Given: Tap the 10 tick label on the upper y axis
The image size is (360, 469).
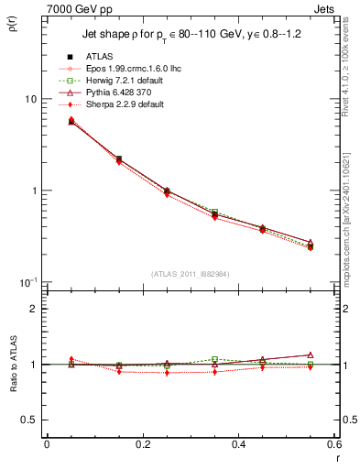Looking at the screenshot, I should pyautogui.click(x=29, y=99).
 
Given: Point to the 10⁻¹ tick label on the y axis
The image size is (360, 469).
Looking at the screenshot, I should pyautogui.click(x=27, y=281).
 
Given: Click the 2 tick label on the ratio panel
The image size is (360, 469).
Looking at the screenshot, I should pyautogui.click(x=33, y=309).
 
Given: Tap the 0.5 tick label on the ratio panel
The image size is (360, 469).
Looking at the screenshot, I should pyautogui.click(x=29, y=420).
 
